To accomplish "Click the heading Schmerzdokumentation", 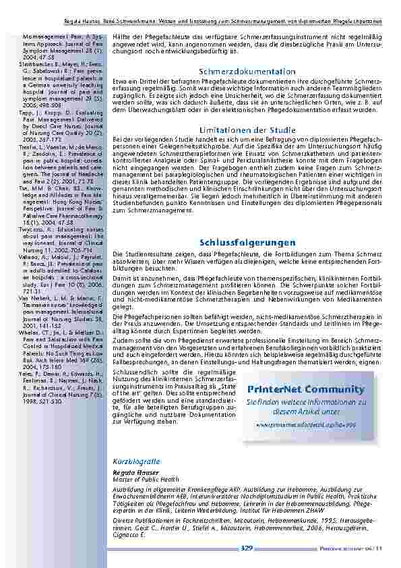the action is tap(247, 72).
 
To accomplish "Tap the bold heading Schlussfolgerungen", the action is tap(247, 242).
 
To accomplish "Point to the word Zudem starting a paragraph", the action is tap(119, 341).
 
